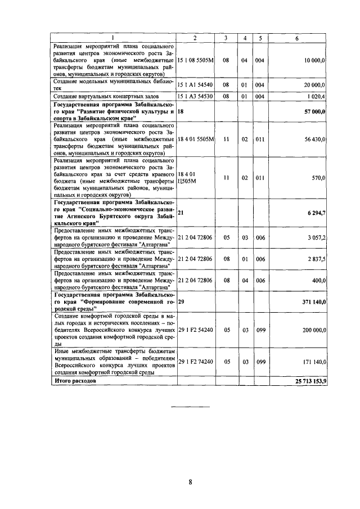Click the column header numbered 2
[195, 38]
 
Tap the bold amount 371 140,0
[314, 301]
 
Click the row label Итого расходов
[74, 381]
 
